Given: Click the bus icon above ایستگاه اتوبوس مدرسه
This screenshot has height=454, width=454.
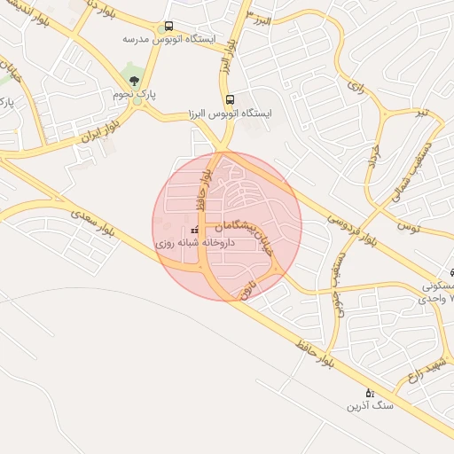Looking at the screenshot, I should point(168,27).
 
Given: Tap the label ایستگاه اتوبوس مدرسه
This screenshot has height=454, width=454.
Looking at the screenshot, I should point(163,40).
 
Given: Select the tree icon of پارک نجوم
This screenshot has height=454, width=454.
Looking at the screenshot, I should point(135,81).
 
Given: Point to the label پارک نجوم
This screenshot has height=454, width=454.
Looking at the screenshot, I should point(134,93).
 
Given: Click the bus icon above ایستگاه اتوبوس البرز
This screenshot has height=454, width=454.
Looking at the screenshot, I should point(230,99).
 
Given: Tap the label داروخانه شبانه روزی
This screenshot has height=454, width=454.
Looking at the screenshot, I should point(193,241).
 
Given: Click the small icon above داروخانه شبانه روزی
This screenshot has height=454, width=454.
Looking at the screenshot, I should point(194,230).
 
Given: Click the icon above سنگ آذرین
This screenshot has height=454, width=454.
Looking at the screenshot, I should point(370,392).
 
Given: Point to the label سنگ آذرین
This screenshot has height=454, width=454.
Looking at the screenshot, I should point(368,406).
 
